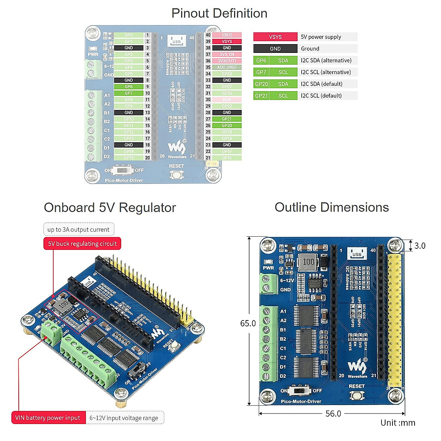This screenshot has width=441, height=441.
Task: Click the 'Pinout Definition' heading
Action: click(219, 14)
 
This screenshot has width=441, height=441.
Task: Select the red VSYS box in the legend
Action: click(275, 37)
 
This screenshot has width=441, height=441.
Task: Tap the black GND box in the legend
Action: click(275, 49)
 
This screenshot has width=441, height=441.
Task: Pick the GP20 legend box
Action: click(261, 84)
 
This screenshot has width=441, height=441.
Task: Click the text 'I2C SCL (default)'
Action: click(321, 96)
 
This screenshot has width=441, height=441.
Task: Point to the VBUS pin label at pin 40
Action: click(227, 35)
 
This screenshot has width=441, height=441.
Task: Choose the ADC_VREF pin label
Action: click(227, 67)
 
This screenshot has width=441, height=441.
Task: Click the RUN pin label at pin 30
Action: click(227, 100)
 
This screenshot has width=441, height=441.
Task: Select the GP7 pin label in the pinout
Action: click(129, 93)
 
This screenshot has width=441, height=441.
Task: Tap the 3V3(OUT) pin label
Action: click(227, 61)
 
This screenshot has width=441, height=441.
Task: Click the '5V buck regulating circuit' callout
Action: click(82, 244)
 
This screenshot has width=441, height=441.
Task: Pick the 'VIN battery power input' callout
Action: click(48, 418)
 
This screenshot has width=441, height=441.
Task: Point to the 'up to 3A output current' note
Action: click(78, 230)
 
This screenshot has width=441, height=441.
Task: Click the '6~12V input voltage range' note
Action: click(124, 418)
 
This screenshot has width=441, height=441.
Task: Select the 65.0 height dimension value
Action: click(248, 323)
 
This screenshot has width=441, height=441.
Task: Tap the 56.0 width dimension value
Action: click(333, 414)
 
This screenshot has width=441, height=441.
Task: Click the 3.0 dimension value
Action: click(420, 246)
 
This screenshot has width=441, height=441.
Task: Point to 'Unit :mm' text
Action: click(398, 423)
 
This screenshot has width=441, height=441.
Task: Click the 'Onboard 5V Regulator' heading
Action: click(110, 208)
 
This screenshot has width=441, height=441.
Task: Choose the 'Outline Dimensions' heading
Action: click(331, 207)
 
